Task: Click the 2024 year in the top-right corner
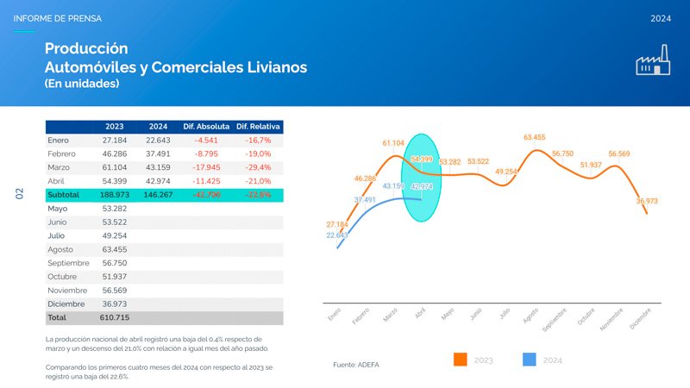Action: (x=661, y=18)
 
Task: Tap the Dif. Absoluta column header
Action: (x=206, y=126)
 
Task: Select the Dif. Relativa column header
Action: (x=259, y=126)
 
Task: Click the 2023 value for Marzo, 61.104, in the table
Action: (x=115, y=167)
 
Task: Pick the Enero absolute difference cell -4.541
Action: (x=206, y=140)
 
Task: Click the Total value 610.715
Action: (x=115, y=318)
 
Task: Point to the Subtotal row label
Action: (x=64, y=195)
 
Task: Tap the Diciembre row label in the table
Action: (x=66, y=304)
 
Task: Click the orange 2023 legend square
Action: (x=460, y=360)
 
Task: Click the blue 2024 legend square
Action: (x=530, y=360)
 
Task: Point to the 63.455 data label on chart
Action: (x=534, y=137)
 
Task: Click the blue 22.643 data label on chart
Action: (x=337, y=235)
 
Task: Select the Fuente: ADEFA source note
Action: (x=355, y=365)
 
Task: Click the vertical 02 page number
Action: (x=19, y=194)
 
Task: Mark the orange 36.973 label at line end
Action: (x=647, y=201)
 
